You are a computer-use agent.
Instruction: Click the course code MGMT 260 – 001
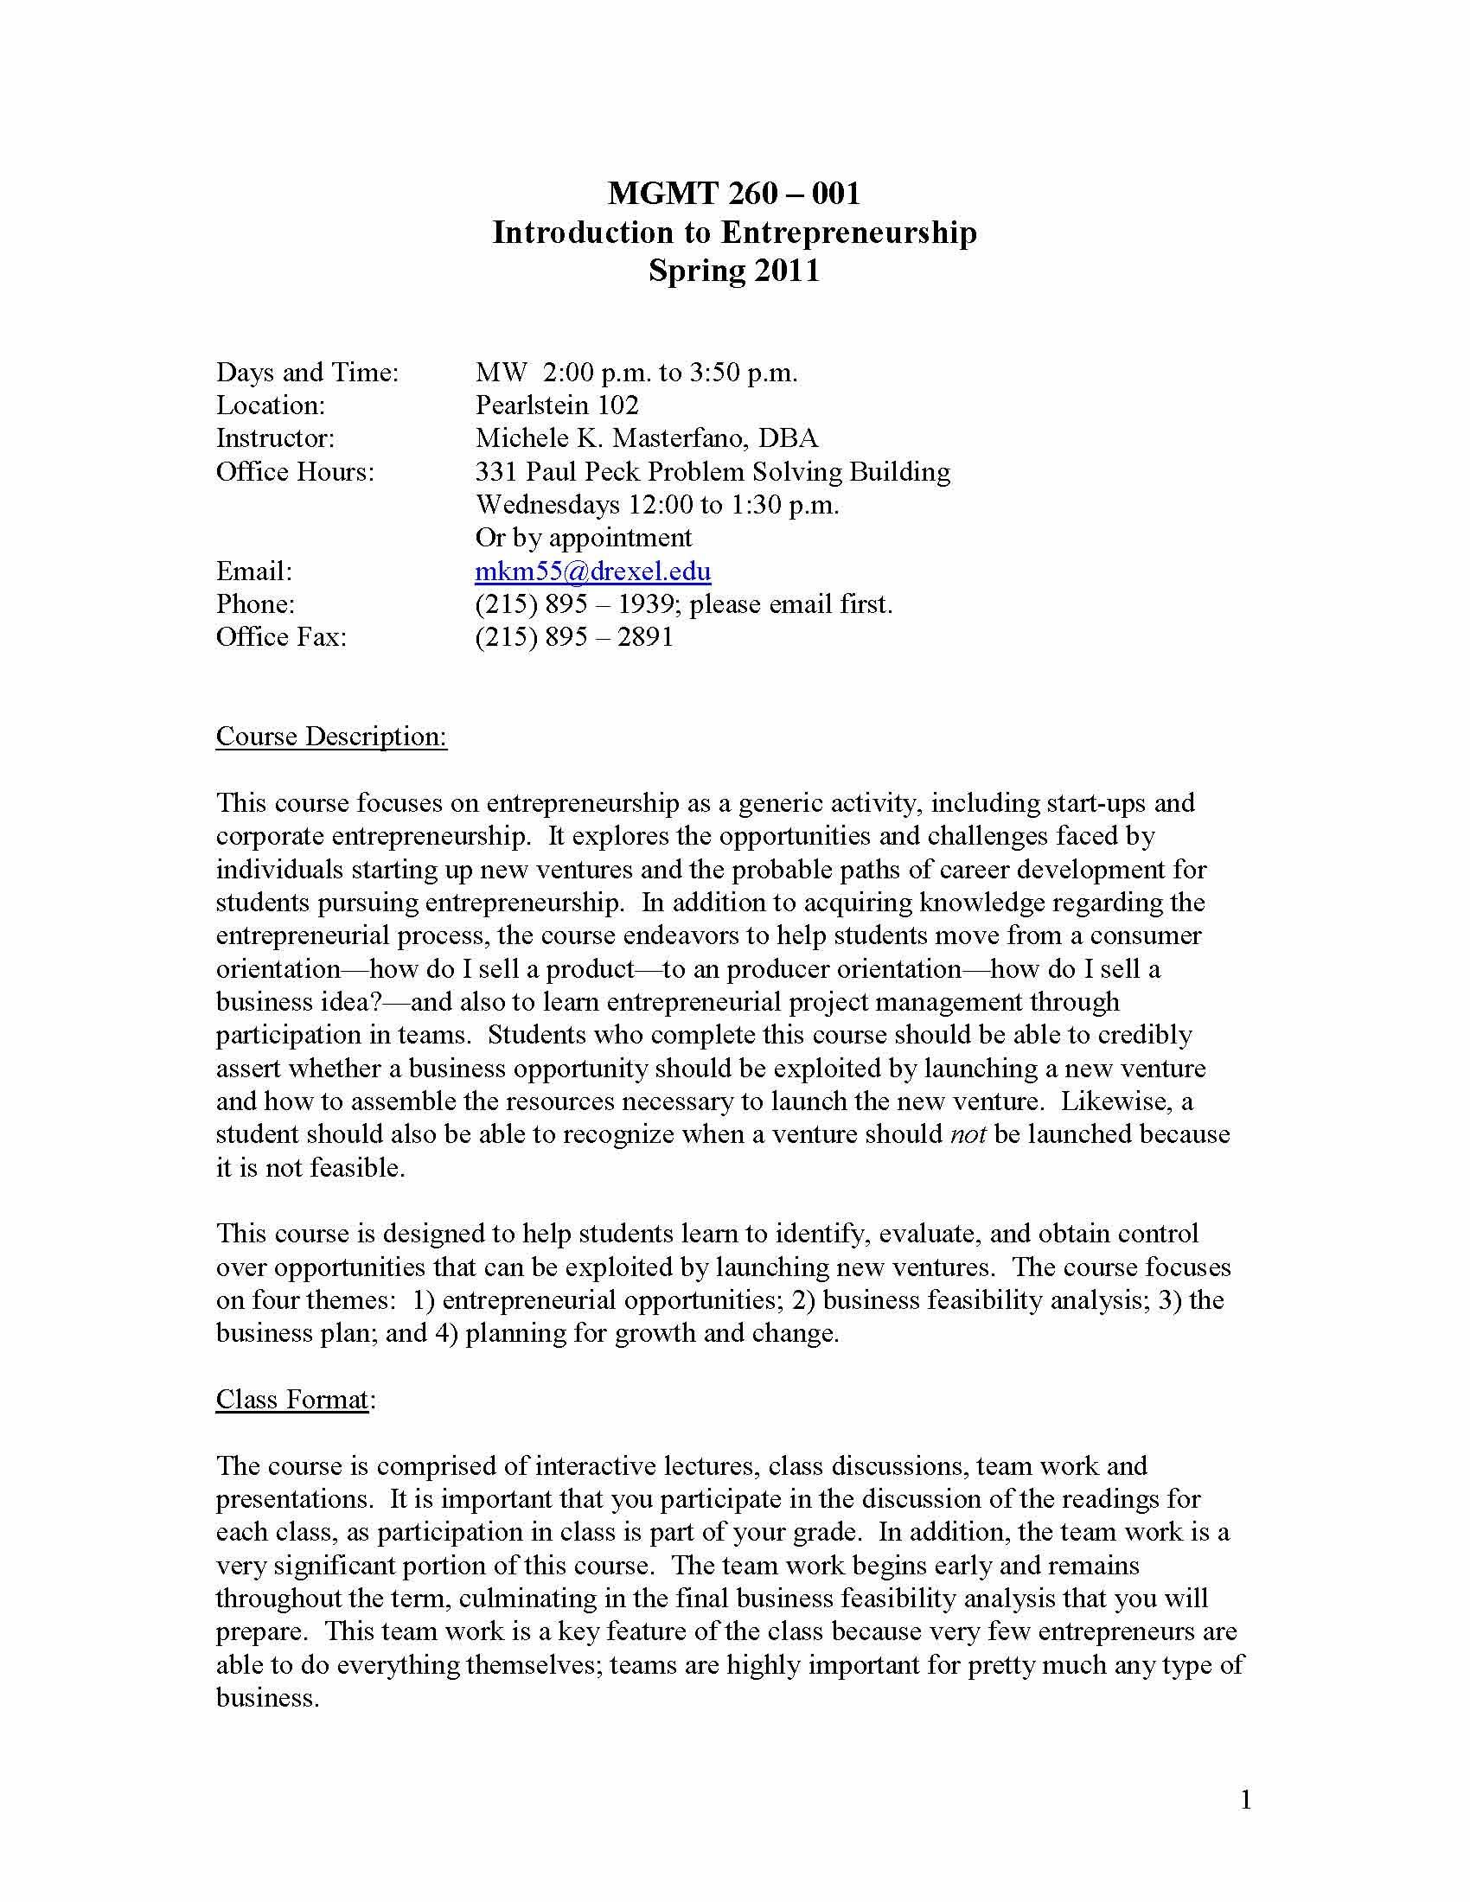(x=733, y=193)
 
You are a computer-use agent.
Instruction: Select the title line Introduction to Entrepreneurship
(x=733, y=233)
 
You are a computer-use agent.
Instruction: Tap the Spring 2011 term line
(x=733, y=271)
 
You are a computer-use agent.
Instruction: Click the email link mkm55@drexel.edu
(x=592, y=571)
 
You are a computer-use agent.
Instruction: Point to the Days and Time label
(x=307, y=373)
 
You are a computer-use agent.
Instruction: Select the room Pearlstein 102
(x=557, y=405)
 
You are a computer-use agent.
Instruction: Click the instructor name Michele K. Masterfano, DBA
(x=646, y=438)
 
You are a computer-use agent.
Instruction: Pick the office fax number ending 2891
(x=574, y=637)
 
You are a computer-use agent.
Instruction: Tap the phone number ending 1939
(x=574, y=604)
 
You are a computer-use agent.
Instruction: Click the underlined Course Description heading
(x=331, y=737)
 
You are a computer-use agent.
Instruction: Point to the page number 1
(x=1245, y=1800)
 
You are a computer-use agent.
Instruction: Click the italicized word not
(x=968, y=1135)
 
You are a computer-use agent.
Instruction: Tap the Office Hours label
(x=294, y=472)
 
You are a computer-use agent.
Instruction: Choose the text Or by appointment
(x=584, y=539)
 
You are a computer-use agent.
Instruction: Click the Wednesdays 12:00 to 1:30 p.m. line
(x=656, y=505)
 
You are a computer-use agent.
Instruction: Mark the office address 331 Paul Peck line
(x=713, y=472)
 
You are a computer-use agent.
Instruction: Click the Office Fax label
(x=280, y=637)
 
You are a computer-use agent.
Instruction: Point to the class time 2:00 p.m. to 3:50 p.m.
(x=669, y=373)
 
